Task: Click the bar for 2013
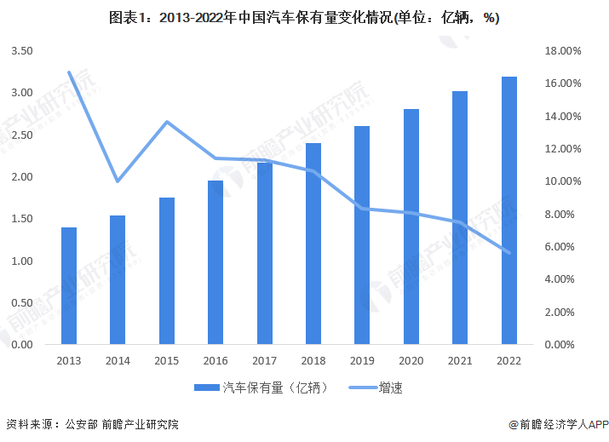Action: pyautogui.click(x=69, y=286)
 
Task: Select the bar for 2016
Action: pyautogui.click(x=215, y=262)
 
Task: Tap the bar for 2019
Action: pyautogui.click(x=362, y=235)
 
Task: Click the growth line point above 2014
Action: pyautogui.click(x=118, y=181)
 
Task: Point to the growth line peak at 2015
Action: pyautogui.click(x=167, y=122)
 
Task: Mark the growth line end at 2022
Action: pyautogui.click(x=509, y=252)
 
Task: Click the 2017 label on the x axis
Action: pyautogui.click(x=264, y=361)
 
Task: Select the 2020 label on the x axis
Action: pyautogui.click(x=411, y=361)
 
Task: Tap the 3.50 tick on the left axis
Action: pyautogui.click(x=23, y=51)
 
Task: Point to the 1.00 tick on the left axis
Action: pyautogui.click(x=23, y=261)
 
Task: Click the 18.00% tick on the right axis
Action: pyautogui.click(x=562, y=51)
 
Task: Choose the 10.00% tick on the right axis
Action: pyautogui.click(x=562, y=181)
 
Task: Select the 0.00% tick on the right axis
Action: pyautogui.click(x=565, y=345)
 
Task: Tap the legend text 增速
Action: pyautogui.click(x=392, y=388)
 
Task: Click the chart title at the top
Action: pyautogui.click(x=304, y=18)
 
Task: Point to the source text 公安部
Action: pyautogui.click(x=82, y=424)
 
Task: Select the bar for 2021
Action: pyautogui.click(x=460, y=218)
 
